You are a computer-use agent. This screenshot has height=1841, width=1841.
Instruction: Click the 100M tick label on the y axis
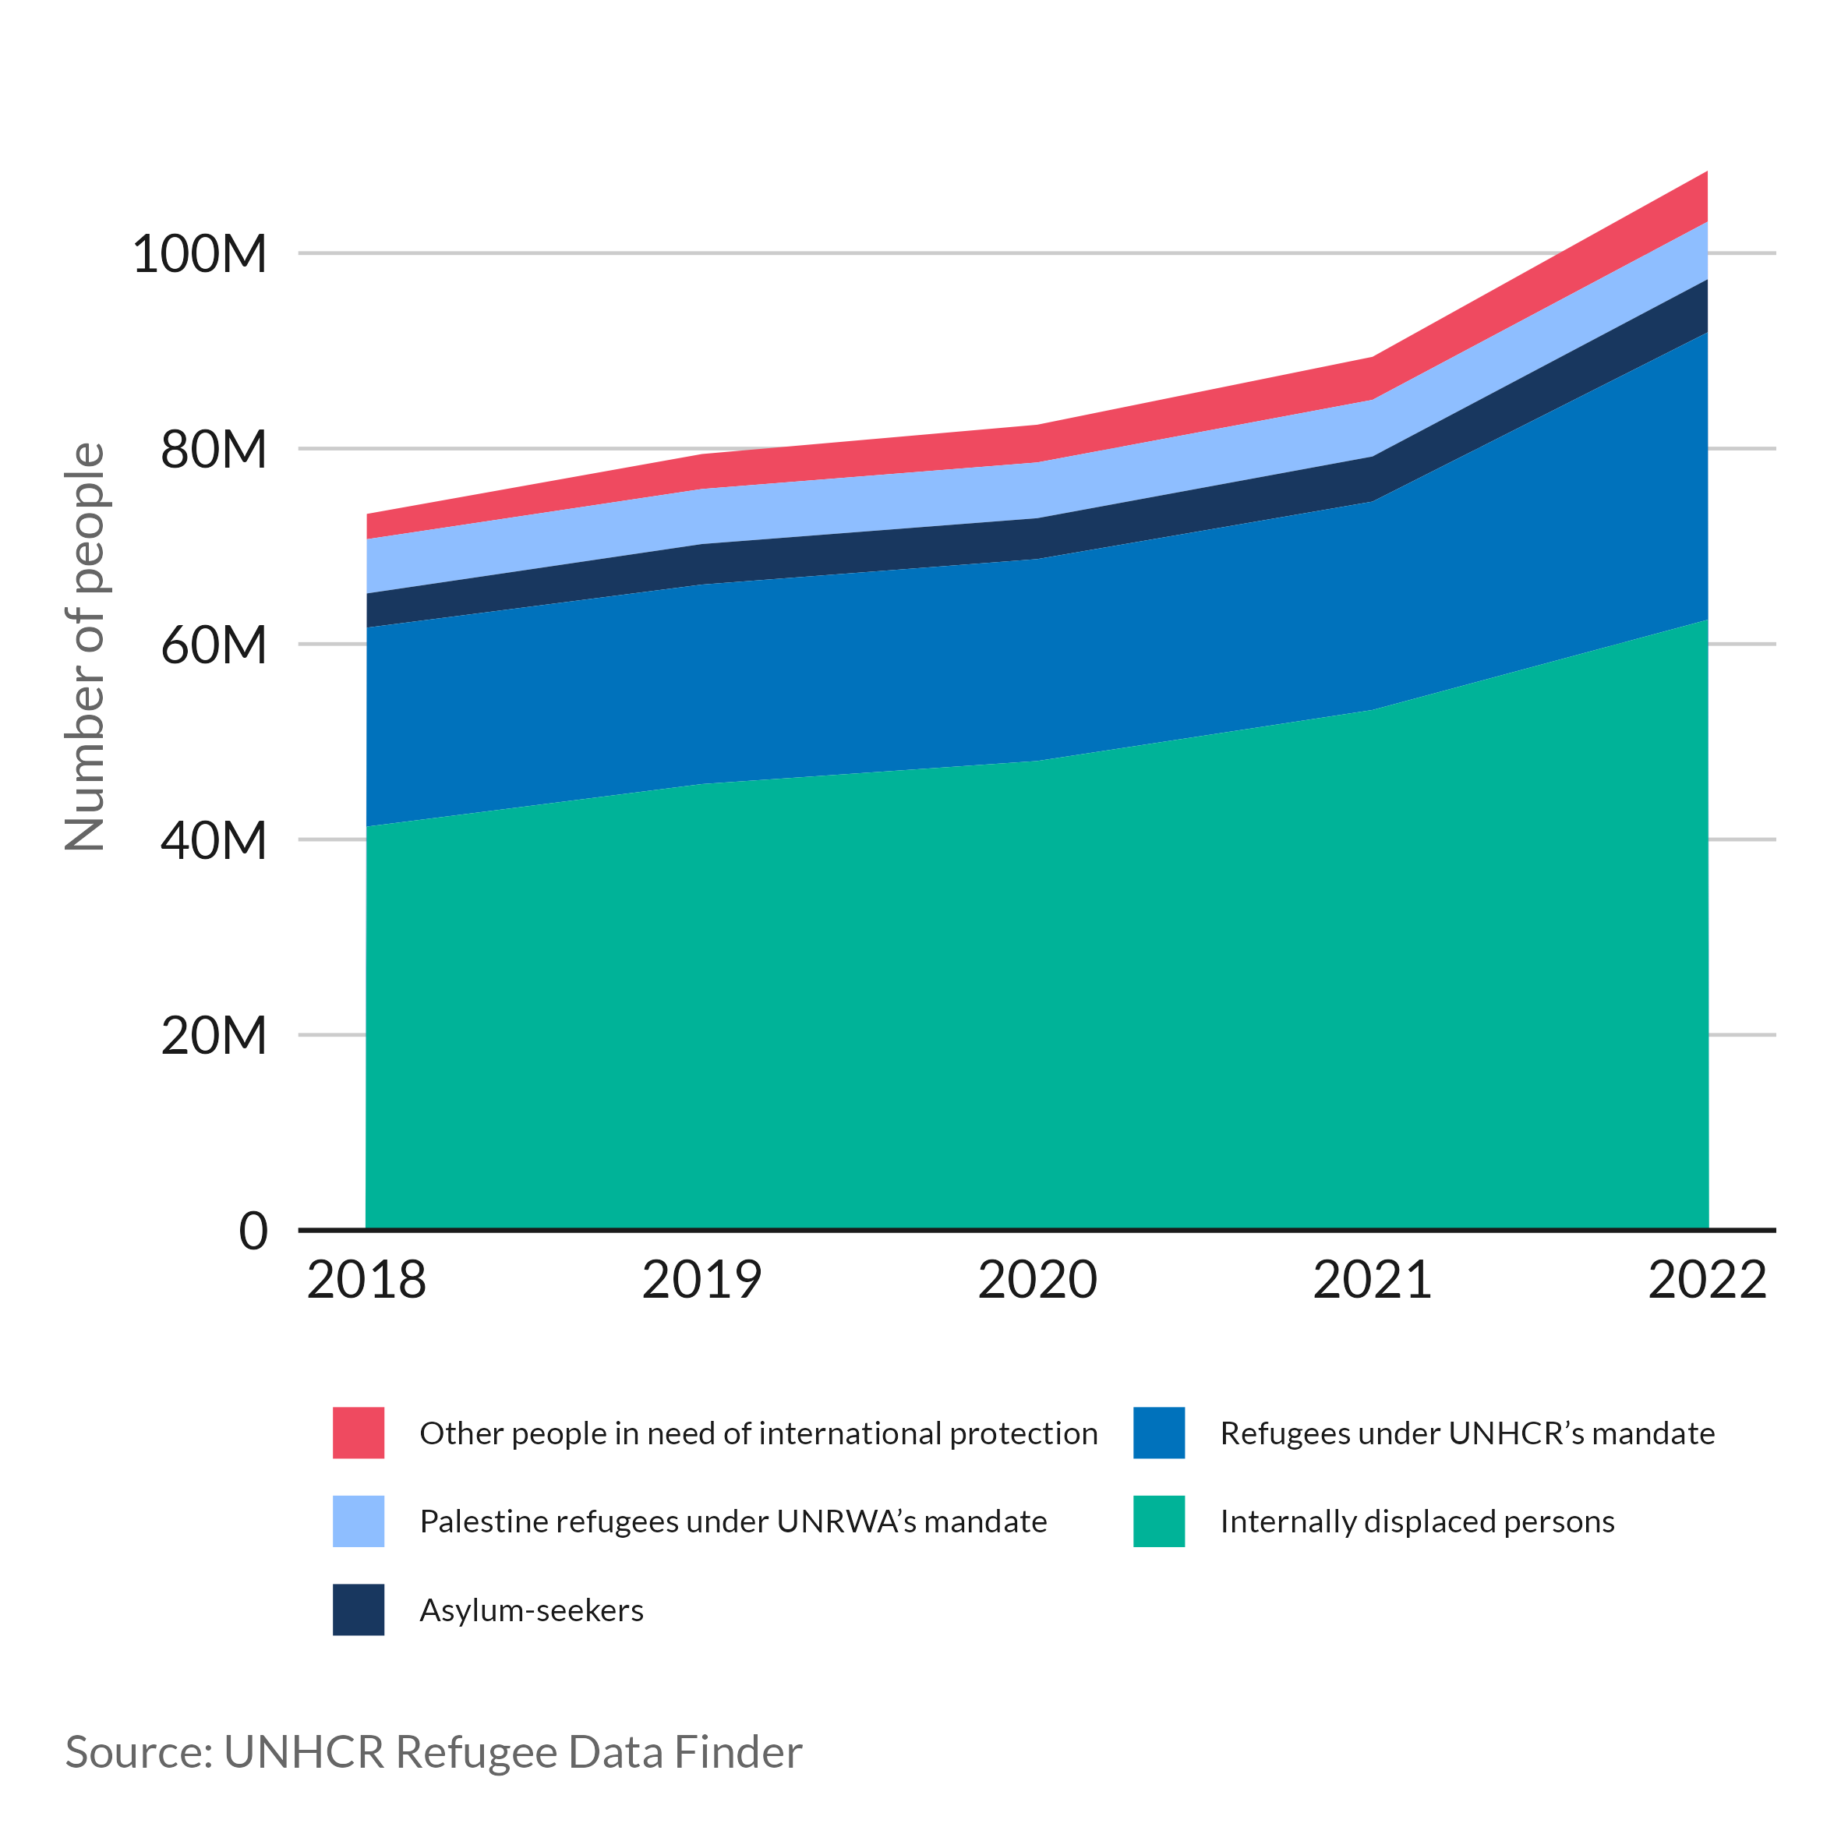(200, 256)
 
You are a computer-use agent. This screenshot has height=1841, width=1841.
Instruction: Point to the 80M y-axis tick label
(214, 450)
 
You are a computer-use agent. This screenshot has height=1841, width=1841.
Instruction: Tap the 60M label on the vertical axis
(214, 645)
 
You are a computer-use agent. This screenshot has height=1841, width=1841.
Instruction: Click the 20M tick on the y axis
(214, 1036)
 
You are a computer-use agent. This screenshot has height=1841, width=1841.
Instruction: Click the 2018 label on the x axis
(366, 1280)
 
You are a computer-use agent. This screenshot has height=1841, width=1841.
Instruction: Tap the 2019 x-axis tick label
(701, 1280)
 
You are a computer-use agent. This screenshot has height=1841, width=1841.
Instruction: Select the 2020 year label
(1037, 1280)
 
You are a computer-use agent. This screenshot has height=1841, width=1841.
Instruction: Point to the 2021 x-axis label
(1372, 1280)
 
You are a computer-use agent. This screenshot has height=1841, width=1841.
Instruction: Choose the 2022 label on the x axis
(1707, 1280)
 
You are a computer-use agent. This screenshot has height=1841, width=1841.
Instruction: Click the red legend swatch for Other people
(359, 1433)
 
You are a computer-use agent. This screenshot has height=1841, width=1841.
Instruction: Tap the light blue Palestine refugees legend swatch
(359, 1521)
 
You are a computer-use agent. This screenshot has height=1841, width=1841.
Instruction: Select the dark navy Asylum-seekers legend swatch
(359, 1610)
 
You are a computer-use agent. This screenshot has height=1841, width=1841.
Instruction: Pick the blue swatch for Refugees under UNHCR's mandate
(1159, 1433)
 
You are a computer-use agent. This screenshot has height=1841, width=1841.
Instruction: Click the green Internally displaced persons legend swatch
(1159, 1521)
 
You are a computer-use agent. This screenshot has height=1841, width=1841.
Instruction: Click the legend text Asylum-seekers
(532, 1610)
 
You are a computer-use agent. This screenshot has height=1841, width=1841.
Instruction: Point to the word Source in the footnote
(138, 1752)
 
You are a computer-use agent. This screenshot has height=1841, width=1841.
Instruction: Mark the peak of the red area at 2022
(1705, 175)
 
